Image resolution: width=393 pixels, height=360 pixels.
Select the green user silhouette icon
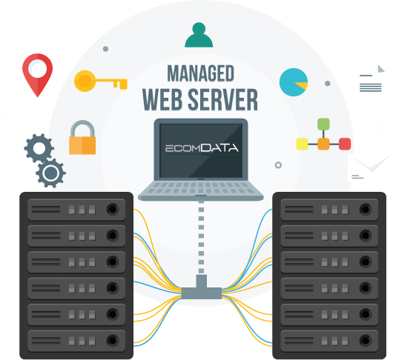tap(199, 35)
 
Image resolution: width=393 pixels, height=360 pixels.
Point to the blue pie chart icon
tap(293, 82)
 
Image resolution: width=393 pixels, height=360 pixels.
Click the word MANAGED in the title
tap(200, 73)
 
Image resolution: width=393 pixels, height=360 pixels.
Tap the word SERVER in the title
tap(222, 99)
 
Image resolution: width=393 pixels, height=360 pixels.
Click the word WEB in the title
tap(162, 99)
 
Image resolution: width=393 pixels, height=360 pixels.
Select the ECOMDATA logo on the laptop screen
tap(202, 148)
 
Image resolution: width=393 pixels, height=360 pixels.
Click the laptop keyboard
tap(201, 187)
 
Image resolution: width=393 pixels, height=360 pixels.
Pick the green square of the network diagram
tap(323, 124)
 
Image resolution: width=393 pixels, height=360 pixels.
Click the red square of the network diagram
tap(345, 144)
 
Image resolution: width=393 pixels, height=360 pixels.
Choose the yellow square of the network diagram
tap(303, 144)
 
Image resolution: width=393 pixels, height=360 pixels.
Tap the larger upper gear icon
tap(39, 148)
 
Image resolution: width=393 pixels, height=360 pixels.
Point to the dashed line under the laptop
tap(201, 237)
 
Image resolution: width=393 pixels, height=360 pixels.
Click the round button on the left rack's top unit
tap(113, 209)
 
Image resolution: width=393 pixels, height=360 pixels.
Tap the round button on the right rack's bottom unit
tap(366, 340)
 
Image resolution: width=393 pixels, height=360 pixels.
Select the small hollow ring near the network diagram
tap(278, 165)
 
